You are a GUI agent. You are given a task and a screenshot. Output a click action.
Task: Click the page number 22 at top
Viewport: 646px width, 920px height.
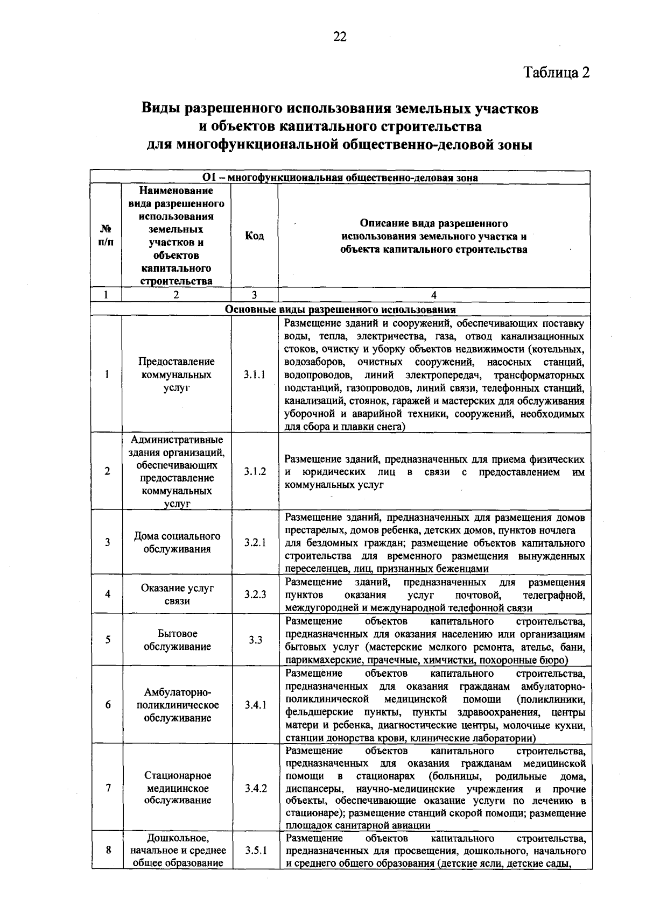click(340, 37)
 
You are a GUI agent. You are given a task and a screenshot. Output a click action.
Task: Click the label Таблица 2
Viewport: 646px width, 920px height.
click(557, 72)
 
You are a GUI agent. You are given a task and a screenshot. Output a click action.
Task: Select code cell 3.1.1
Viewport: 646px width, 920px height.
click(254, 375)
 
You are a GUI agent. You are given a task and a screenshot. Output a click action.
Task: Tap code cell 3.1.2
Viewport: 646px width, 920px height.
click(254, 472)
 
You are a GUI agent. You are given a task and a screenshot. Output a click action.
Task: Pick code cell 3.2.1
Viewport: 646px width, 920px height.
click(254, 543)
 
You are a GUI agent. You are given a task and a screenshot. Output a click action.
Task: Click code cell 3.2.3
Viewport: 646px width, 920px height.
click(254, 595)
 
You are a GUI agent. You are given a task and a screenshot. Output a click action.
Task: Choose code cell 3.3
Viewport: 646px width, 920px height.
click(255, 640)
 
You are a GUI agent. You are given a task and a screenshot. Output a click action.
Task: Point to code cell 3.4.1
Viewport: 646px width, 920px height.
click(254, 705)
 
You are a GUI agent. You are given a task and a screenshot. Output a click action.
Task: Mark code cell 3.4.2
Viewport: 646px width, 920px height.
click(255, 788)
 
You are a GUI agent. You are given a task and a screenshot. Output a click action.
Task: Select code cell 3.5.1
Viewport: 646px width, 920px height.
click(255, 851)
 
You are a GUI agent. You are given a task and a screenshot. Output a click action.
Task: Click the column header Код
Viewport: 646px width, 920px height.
click(254, 236)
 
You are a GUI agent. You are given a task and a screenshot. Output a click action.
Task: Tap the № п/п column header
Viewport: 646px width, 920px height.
click(106, 236)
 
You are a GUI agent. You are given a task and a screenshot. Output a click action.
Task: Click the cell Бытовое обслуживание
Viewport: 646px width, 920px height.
click(177, 640)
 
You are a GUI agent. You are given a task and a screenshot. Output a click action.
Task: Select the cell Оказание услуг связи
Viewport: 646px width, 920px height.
click(177, 595)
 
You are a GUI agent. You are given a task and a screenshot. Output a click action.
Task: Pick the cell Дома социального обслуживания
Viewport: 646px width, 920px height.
click(177, 543)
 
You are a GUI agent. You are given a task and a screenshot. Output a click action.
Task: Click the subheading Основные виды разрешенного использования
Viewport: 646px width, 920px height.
click(340, 310)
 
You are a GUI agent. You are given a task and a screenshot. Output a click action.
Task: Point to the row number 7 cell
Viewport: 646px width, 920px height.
click(108, 788)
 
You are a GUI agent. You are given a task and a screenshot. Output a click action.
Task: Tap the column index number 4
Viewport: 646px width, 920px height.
click(433, 295)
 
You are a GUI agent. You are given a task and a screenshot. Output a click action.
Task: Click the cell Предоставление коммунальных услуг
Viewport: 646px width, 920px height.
click(177, 375)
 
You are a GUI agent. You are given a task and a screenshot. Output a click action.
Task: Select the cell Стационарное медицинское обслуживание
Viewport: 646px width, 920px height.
click(177, 788)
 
